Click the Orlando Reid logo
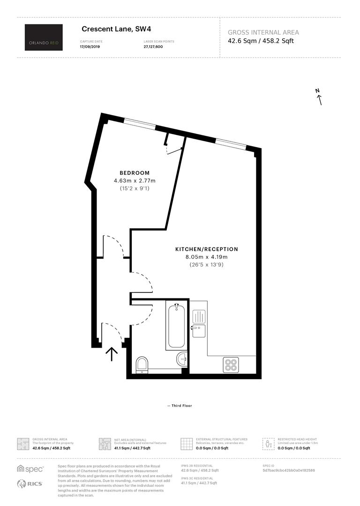click(44, 37)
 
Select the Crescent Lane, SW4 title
click(116, 29)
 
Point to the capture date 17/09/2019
click(90, 47)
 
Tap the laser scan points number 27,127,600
click(153, 47)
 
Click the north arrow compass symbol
click(319, 97)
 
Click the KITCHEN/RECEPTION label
click(207, 249)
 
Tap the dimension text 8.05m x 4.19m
click(206, 257)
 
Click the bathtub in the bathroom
click(176, 326)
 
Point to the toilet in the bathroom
click(142, 365)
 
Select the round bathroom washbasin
click(182, 359)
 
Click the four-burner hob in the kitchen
click(231, 365)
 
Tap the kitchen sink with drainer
click(199, 323)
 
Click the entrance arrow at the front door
click(112, 354)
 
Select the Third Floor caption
click(180, 406)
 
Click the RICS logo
click(30, 484)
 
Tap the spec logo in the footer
click(30, 469)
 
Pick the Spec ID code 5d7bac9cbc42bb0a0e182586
click(289, 470)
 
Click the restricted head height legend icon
click(268, 444)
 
